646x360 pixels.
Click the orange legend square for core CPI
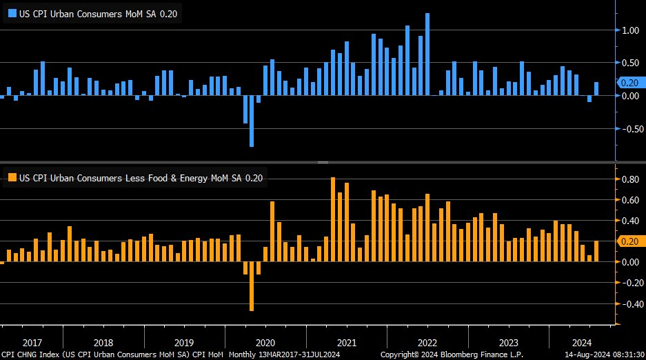pyautogui.click(x=11, y=178)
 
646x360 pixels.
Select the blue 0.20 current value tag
pyautogui.click(x=628, y=82)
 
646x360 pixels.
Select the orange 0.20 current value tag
pyautogui.click(x=628, y=241)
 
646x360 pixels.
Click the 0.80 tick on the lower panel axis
pyautogui.click(x=628, y=179)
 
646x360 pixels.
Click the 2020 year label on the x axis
pyautogui.click(x=265, y=343)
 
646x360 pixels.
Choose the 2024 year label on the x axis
pyautogui.click(x=582, y=343)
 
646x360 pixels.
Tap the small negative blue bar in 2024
pyautogui.click(x=589, y=99)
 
